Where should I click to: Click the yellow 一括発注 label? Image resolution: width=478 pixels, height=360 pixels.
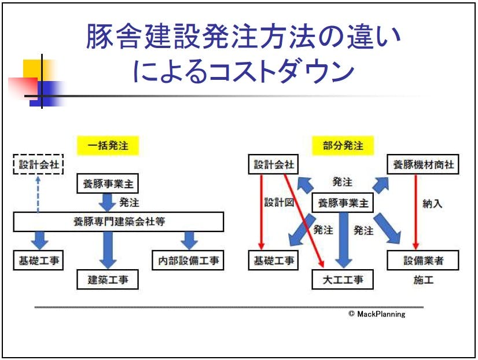108,145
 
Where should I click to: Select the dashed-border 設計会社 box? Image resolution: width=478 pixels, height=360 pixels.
39,165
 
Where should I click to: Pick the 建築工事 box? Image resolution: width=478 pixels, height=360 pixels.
108,280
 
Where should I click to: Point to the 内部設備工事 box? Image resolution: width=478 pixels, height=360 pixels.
187,260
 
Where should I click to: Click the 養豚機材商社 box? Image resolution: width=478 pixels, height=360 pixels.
424,165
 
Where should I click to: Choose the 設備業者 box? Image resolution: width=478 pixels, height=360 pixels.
424,260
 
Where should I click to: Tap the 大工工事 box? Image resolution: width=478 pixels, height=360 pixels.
343,280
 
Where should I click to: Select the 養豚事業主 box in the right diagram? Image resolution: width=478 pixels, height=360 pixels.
343,203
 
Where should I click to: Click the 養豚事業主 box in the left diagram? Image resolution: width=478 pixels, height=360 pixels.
108,184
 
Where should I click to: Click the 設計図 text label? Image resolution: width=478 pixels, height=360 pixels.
280,203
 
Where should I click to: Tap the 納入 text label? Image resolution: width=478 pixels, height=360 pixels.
432,203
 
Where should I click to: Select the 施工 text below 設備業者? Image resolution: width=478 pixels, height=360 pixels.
423,280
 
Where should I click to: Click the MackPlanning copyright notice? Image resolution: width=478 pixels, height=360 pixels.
377,314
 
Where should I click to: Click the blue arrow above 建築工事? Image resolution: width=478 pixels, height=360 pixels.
108,250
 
